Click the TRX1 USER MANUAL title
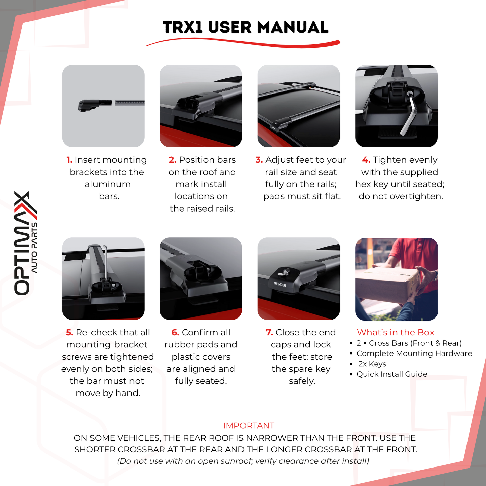pos(245,27)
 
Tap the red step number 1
pos(69,160)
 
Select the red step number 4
pos(366,160)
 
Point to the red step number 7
pos(269,333)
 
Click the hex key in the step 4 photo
pos(409,114)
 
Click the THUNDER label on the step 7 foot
pos(279,285)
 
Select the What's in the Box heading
pos(395,332)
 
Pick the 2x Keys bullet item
pos(372,364)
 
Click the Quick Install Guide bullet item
pos(392,374)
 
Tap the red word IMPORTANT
pos(249,426)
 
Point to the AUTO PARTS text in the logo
pos(34,247)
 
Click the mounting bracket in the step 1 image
pos(88,105)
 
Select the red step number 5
pos(69,333)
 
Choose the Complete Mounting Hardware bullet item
pos(414,353)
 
